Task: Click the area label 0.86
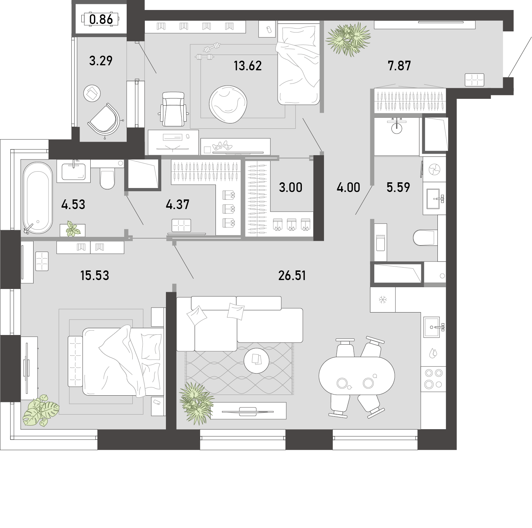[x=101, y=19]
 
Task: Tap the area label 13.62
[x=248, y=66]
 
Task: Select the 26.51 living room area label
[x=292, y=275]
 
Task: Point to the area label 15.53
[x=95, y=275]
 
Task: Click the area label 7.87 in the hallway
[x=399, y=66]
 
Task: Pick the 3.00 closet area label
[x=290, y=187]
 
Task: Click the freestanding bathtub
[x=37, y=198]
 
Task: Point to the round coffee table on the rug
[x=256, y=360]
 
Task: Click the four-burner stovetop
[x=433, y=379]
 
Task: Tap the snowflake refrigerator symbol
[x=383, y=300]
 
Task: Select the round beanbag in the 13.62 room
[x=228, y=105]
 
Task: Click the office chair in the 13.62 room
[x=173, y=109]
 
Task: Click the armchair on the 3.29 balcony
[x=104, y=119]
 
